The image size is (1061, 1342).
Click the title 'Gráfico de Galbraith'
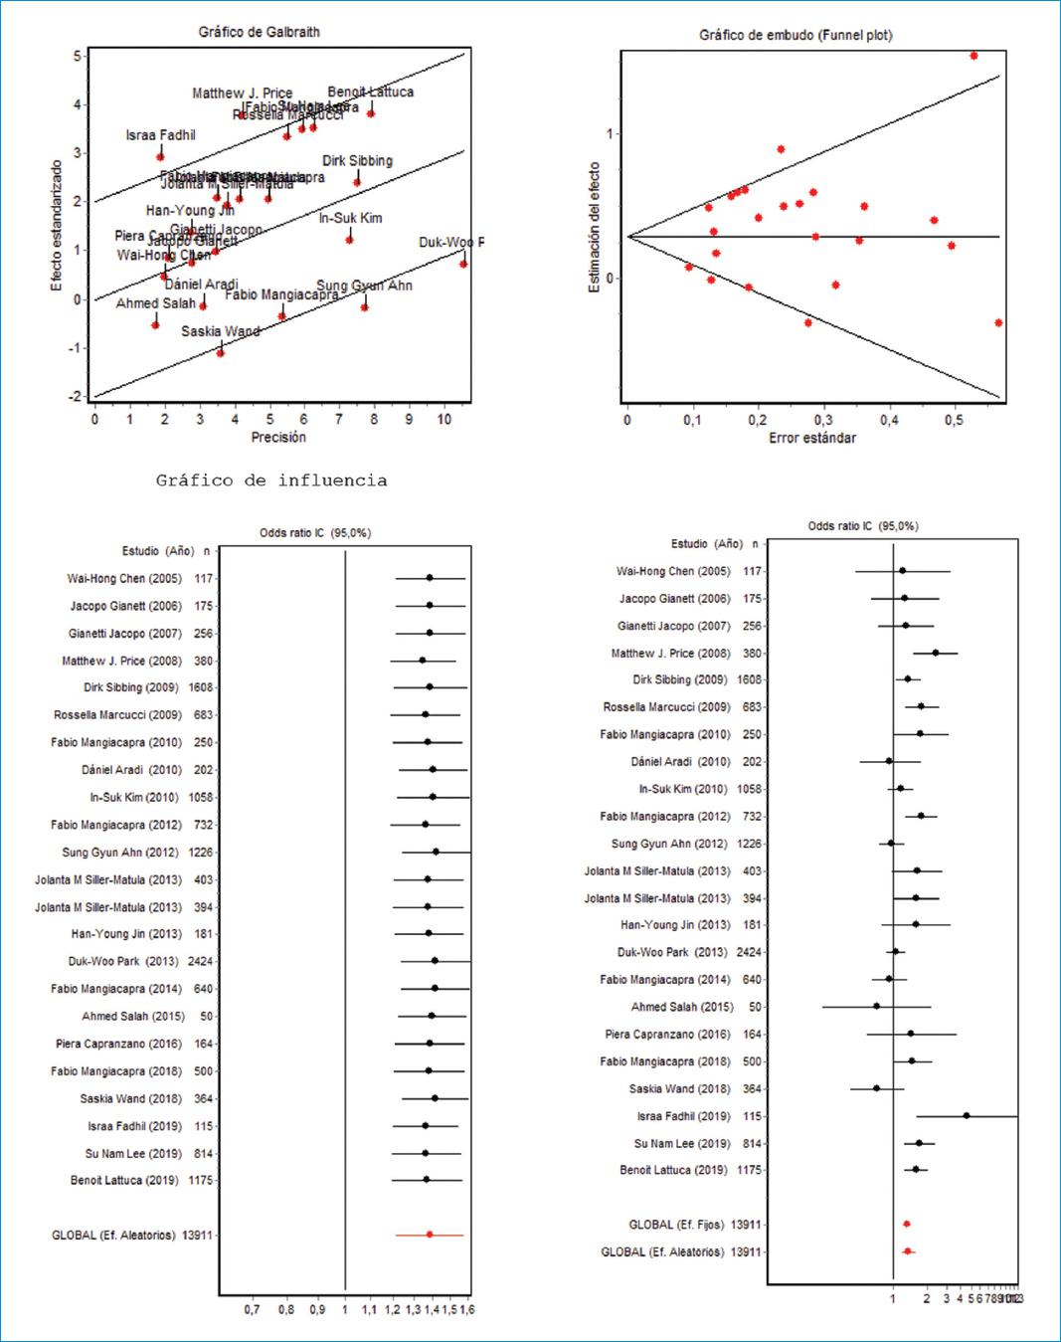[259, 32]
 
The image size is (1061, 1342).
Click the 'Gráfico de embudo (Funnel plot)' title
[796, 35]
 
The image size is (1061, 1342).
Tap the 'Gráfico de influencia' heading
[271, 480]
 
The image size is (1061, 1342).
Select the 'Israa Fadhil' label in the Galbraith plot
[160, 135]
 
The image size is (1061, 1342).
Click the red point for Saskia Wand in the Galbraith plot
[221, 353]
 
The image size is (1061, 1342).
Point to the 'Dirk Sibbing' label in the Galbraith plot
[357, 160]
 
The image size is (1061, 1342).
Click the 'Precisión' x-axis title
[278, 437]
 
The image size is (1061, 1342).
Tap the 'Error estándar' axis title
[811, 438]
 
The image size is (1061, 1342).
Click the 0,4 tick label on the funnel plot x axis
[888, 420]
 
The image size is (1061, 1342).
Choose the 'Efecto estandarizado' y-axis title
[57, 226]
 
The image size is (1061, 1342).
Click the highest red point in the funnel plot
[973, 56]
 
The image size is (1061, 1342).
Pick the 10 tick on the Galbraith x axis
[444, 419]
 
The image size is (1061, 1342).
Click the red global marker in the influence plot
[430, 1235]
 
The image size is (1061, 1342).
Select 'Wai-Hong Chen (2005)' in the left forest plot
[124, 578]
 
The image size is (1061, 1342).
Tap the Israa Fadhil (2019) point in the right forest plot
[966, 1116]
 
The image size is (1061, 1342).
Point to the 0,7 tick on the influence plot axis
[252, 1309]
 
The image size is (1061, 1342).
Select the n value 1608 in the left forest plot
[201, 687]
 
